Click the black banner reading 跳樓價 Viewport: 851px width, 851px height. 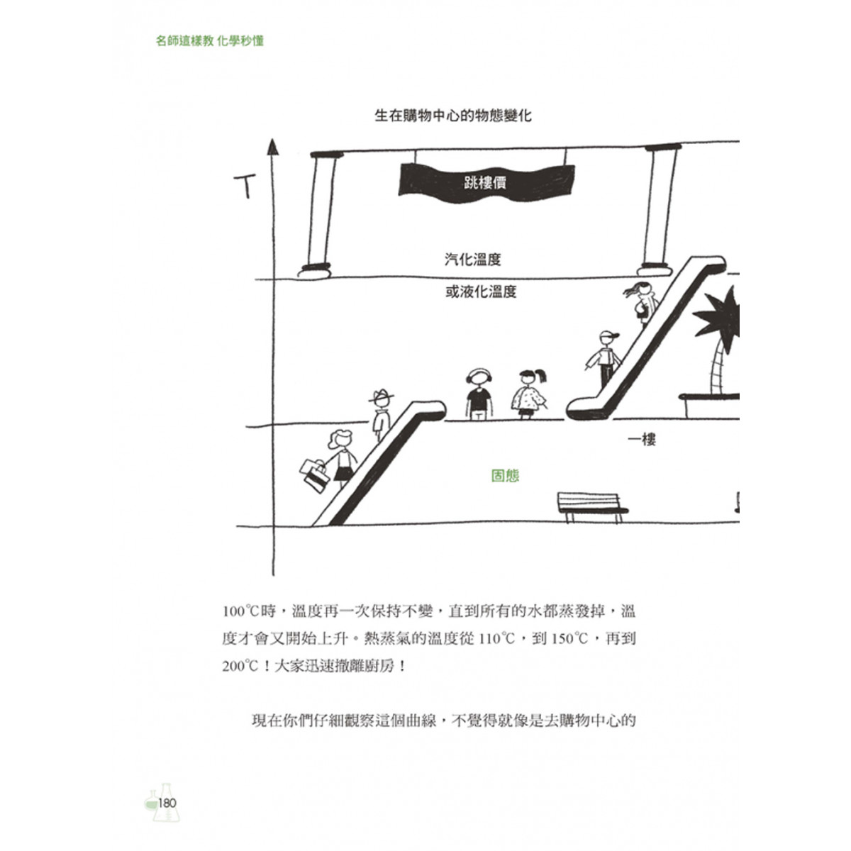(486, 183)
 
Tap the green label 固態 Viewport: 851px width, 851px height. (505, 476)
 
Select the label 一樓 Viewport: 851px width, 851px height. (642, 440)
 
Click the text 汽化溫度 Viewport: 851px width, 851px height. (472, 260)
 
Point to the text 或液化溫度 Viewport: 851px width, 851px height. (481, 291)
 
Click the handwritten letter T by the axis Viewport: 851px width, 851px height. (245, 187)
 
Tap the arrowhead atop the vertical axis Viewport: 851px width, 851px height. (273, 147)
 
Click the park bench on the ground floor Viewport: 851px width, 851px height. (592, 508)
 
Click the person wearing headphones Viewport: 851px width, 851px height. (479, 394)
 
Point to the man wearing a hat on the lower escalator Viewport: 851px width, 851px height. (382, 414)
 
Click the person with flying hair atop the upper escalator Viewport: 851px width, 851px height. (642, 303)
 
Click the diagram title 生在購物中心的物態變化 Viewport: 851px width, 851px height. (453, 116)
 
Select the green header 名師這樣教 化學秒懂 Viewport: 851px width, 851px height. (210, 41)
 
